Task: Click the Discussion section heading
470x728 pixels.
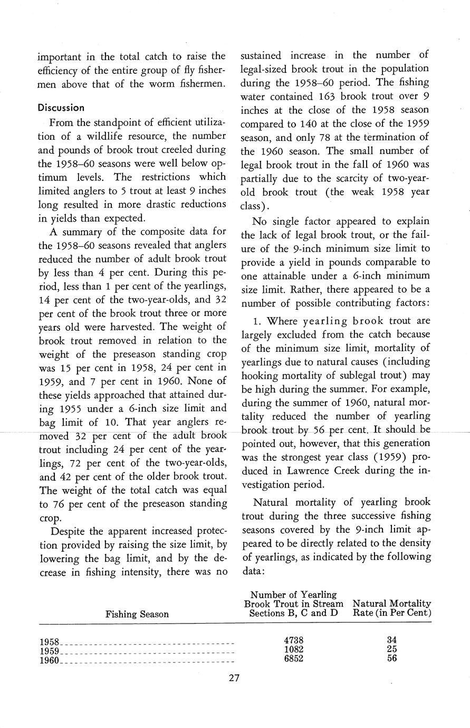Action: coord(61,108)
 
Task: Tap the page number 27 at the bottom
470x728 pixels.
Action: coord(235,678)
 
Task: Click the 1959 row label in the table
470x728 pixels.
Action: coord(49,652)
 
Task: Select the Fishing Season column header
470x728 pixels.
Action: coord(137,614)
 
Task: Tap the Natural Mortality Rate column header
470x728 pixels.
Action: coord(391,608)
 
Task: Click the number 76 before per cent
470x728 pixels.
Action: coord(61,504)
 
